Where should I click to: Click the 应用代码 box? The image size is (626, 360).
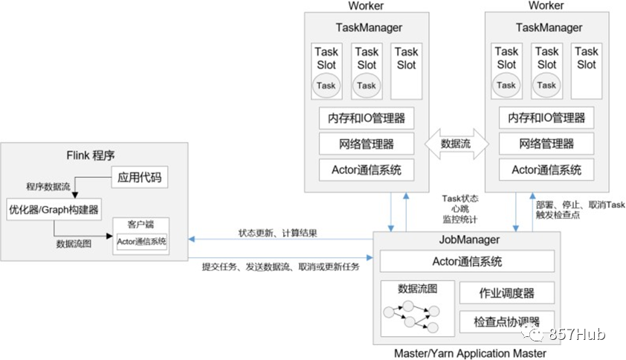pyautogui.click(x=139, y=177)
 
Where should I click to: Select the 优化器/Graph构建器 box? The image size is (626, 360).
pyautogui.click(x=54, y=209)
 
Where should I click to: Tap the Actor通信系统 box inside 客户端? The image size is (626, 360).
pyautogui.click(x=141, y=241)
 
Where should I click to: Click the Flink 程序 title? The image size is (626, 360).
pyautogui.click(x=91, y=155)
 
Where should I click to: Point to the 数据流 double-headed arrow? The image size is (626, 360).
pyautogui.click(x=456, y=144)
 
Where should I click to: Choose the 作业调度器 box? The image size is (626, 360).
pyautogui.click(x=506, y=293)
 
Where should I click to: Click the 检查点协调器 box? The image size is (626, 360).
pyautogui.click(x=506, y=321)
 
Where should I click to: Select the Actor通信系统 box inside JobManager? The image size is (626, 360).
pyautogui.click(x=467, y=261)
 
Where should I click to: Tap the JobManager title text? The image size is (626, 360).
pyautogui.click(x=470, y=240)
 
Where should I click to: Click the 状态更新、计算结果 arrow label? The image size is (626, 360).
pyautogui.click(x=278, y=233)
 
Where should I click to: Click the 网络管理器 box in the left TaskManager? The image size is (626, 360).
pyautogui.click(x=367, y=144)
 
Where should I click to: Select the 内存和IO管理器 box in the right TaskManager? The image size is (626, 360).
pyautogui.click(x=546, y=118)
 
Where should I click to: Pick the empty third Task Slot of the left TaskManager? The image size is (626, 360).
pyautogui.click(x=407, y=71)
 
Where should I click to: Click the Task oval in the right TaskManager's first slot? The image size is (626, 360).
pyautogui.click(x=506, y=85)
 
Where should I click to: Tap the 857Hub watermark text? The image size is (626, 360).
pyautogui.click(x=577, y=334)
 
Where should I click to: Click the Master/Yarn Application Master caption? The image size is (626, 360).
pyautogui.click(x=471, y=353)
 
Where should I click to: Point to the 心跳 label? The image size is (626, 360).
pyautogui.click(x=460, y=208)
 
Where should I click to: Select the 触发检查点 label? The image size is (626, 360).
pyautogui.click(x=558, y=215)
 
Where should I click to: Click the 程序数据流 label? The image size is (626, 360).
pyautogui.click(x=48, y=187)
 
